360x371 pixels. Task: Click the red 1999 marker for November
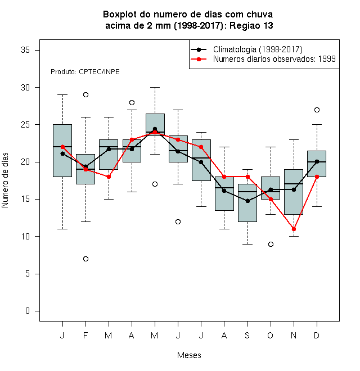294,229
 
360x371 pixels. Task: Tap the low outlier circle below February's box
85,259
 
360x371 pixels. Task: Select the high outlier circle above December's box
317,110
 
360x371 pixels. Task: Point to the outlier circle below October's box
271,244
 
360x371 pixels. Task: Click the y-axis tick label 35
25,50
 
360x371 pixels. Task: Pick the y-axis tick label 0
28,311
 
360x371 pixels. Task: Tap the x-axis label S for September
247,335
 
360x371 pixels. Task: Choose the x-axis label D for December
317,335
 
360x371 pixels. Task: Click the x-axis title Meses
189,355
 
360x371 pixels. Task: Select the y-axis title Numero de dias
5,180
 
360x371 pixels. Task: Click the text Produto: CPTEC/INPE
85,72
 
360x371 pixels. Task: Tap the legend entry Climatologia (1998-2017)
258,49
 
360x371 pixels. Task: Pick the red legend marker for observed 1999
199,59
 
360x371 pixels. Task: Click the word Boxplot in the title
120,15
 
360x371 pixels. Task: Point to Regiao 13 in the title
251,25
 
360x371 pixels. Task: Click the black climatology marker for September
247,201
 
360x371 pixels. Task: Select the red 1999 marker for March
109,177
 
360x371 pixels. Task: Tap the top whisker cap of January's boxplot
62,94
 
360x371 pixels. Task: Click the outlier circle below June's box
178,221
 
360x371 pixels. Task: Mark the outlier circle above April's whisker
132,102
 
